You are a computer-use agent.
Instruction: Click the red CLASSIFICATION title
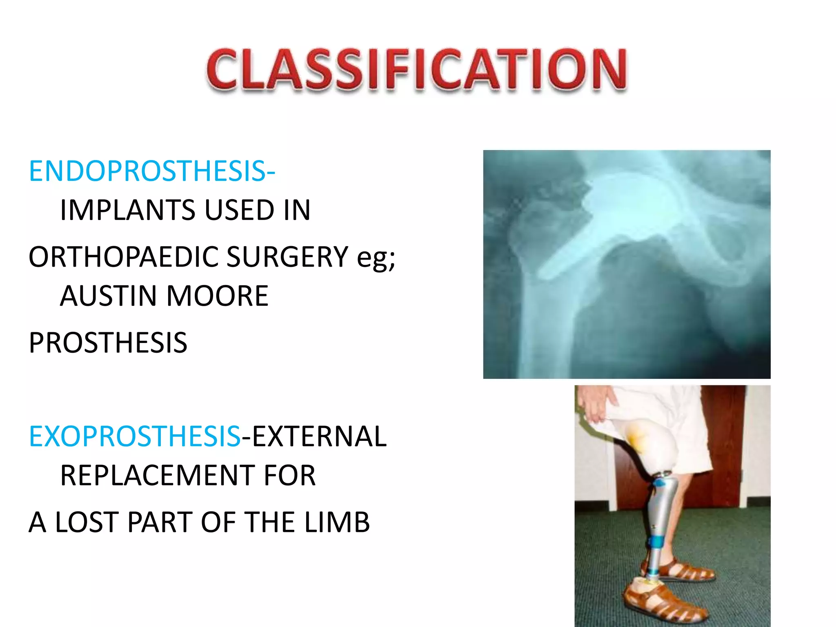(x=416, y=69)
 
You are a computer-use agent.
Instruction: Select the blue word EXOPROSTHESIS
(x=135, y=436)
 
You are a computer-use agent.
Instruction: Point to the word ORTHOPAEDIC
(x=122, y=257)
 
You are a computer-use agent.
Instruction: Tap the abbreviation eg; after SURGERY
(x=376, y=258)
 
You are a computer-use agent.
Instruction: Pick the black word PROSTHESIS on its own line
(x=108, y=343)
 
